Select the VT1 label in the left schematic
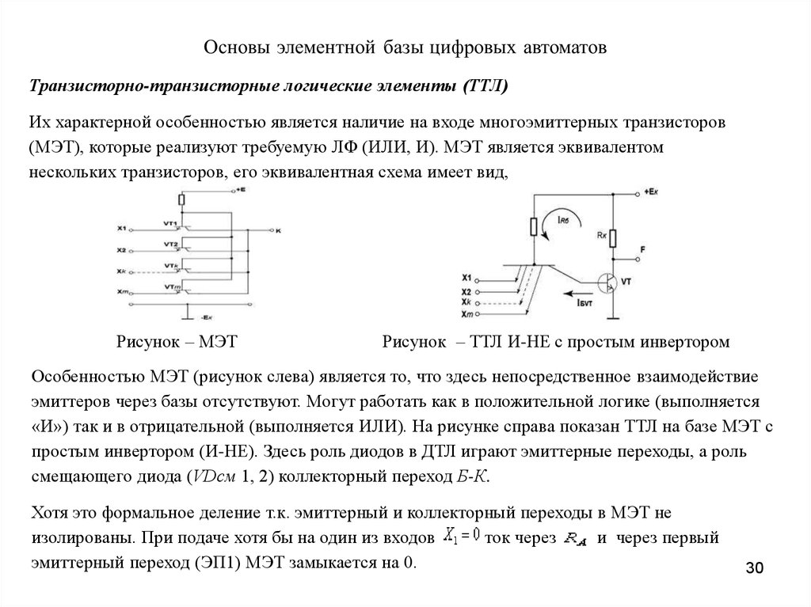point(169,222)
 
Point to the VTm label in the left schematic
point(169,286)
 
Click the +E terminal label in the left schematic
point(239,191)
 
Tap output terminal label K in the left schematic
point(278,230)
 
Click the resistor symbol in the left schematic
point(182,202)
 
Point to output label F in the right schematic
point(642,249)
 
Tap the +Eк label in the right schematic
point(653,192)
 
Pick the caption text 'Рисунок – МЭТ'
point(177,342)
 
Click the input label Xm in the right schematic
point(466,316)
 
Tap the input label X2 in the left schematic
point(122,250)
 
